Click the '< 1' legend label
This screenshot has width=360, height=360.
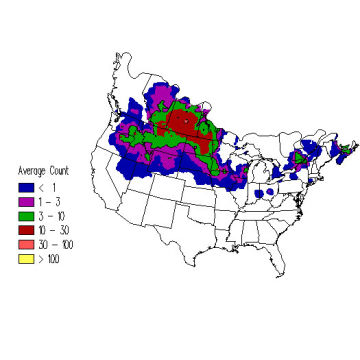[x=47, y=186]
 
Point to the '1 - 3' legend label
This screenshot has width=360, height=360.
[x=48, y=201]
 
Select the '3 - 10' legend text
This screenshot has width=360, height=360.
[x=50, y=215]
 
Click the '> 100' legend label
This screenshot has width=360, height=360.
[x=49, y=258]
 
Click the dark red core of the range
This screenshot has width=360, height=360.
[x=182, y=123]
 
